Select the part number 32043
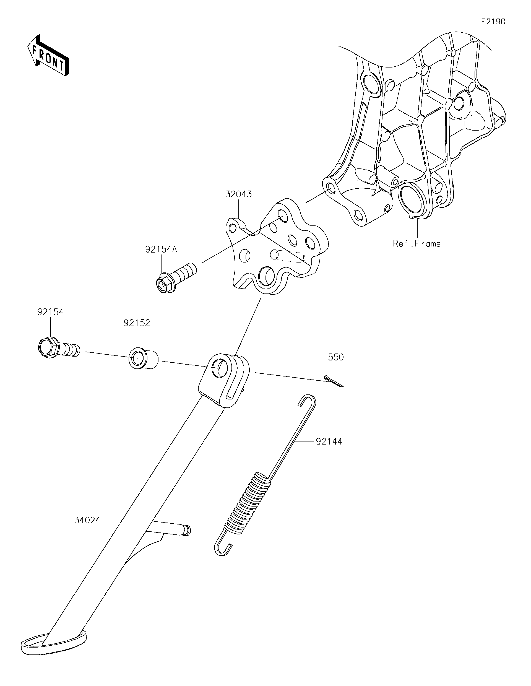[239, 194]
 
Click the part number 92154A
[161, 250]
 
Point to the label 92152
[137, 323]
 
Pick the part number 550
[336, 357]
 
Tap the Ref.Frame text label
[417, 243]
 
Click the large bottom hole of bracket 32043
[267, 276]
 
